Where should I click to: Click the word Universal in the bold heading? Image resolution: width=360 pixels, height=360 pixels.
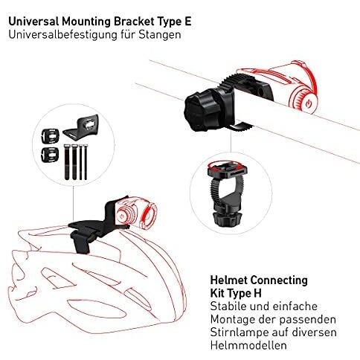(x=33, y=22)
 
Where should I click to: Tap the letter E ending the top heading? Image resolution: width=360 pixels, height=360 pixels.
(x=187, y=22)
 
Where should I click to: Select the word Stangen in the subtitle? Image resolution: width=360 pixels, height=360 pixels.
(x=160, y=35)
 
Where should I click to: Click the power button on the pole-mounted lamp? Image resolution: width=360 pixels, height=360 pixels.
(x=309, y=103)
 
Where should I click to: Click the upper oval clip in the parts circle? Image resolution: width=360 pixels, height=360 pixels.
(x=50, y=135)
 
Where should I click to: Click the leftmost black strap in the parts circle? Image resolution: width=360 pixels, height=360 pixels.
(x=67, y=161)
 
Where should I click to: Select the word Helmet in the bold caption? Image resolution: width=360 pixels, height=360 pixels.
(x=229, y=280)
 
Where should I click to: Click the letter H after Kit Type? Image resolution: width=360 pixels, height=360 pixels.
(x=257, y=293)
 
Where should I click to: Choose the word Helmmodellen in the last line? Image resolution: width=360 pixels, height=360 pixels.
(x=248, y=345)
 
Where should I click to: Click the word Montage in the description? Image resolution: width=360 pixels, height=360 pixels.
(x=232, y=320)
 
